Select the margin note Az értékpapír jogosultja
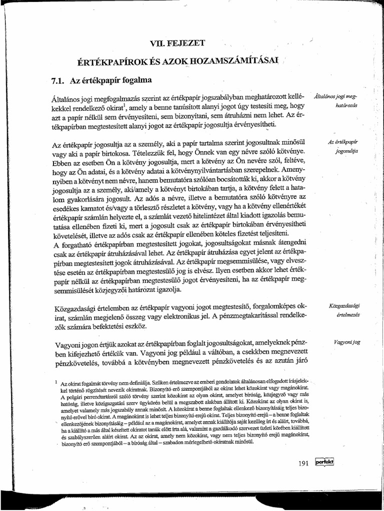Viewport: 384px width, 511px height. tap(346, 145)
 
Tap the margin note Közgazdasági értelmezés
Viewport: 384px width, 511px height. tap(346, 309)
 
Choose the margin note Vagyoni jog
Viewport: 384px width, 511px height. tap(346, 342)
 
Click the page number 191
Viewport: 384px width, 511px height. tap(304, 463)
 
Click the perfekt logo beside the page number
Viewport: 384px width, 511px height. tap(324, 463)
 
